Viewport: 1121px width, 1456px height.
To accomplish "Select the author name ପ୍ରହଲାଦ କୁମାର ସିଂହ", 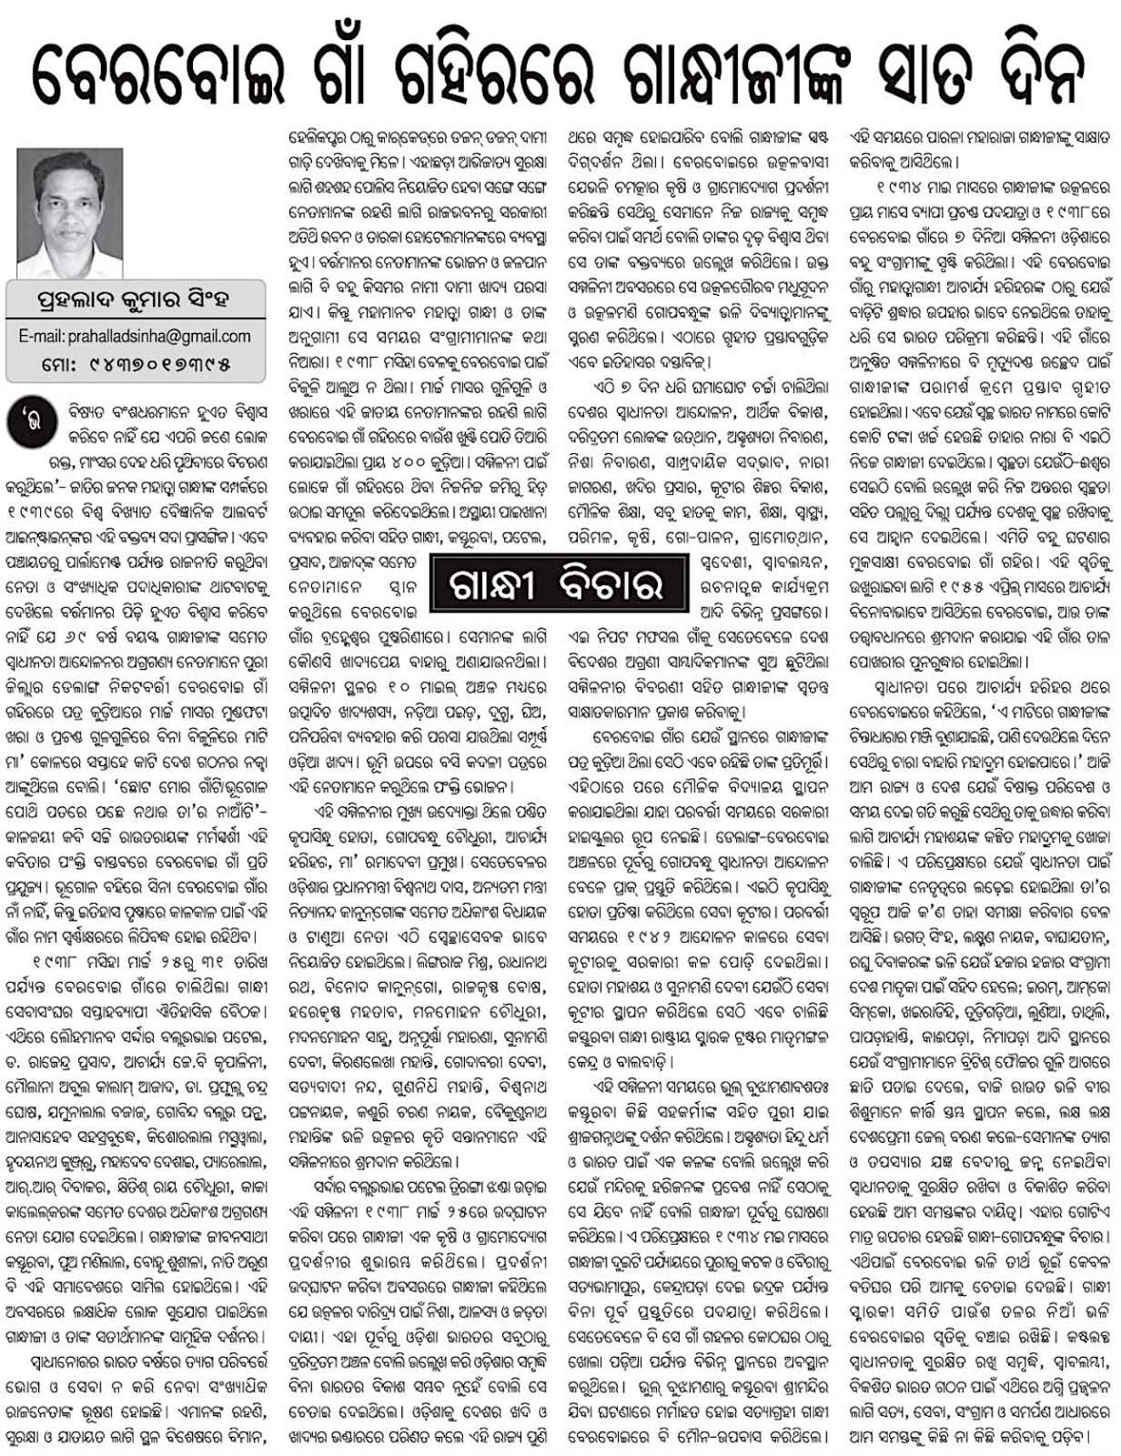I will click(131, 299).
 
